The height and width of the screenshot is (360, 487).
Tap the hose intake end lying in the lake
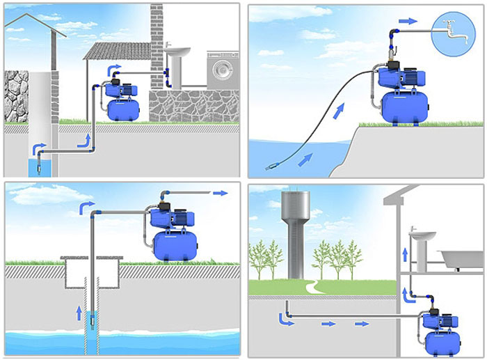click(x=271, y=167)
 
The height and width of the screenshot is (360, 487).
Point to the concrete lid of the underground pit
click(x=91, y=258)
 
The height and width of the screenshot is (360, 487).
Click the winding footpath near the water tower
click(x=312, y=285)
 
